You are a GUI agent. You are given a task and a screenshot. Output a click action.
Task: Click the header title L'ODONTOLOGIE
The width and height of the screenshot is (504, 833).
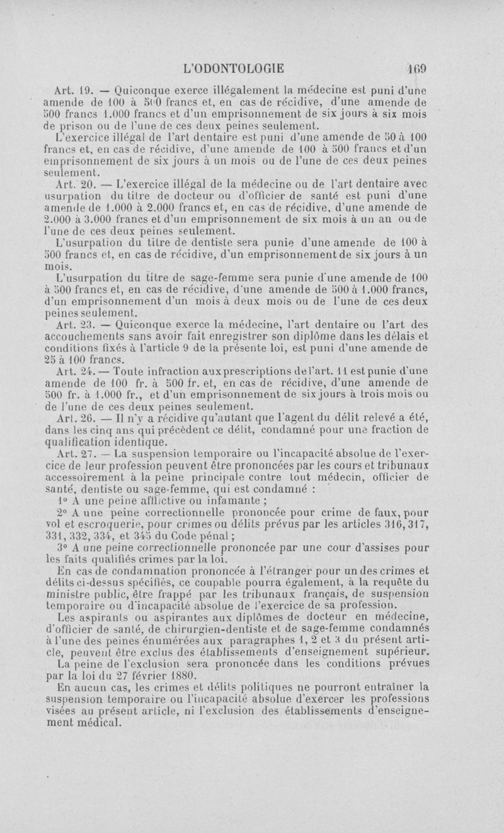click(232, 68)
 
